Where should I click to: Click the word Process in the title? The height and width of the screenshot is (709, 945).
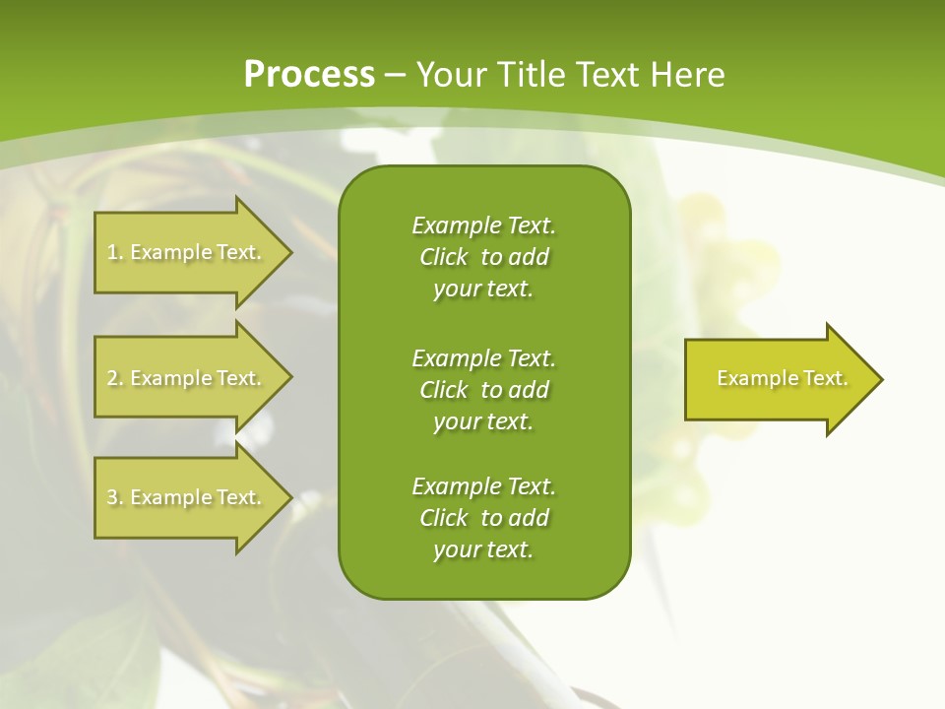309,75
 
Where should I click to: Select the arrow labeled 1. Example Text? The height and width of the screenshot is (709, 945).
187,252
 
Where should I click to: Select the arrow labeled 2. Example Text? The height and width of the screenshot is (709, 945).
187,378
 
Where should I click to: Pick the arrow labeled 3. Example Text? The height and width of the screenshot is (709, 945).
187,497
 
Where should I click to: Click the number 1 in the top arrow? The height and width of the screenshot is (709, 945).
112,252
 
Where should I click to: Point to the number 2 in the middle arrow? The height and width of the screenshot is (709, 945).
112,378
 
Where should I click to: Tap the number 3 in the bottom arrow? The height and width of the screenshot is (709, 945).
112,497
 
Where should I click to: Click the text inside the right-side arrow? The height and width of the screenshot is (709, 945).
782,378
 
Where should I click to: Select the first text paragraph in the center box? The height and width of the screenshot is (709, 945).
483,257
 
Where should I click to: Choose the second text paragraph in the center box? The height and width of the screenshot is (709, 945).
483,390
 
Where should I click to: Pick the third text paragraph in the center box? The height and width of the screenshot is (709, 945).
483,518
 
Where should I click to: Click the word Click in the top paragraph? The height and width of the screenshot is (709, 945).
443,257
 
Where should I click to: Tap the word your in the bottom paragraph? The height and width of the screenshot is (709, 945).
455,550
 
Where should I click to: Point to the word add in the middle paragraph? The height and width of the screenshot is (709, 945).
530,390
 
